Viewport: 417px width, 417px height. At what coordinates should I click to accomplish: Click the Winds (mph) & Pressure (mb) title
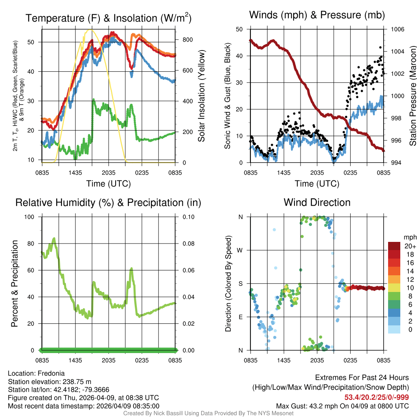[317, 15]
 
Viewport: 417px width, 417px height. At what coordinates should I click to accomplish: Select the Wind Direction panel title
[317, 202]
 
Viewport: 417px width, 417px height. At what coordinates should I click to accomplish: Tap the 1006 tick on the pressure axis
[397, 29]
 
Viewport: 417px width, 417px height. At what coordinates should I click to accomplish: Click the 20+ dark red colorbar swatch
[395, 246]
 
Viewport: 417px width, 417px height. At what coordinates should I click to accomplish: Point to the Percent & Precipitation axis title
[14, 283]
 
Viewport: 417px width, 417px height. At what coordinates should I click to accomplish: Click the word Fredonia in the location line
[51, 373]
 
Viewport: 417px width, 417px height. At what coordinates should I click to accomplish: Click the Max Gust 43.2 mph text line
[342, 406]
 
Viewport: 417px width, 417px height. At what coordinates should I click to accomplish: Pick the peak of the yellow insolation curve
[90, 30]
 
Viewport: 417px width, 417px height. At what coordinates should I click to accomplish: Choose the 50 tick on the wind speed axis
[240, 29]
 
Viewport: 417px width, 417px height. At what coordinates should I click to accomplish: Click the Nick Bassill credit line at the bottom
[208, 413]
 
